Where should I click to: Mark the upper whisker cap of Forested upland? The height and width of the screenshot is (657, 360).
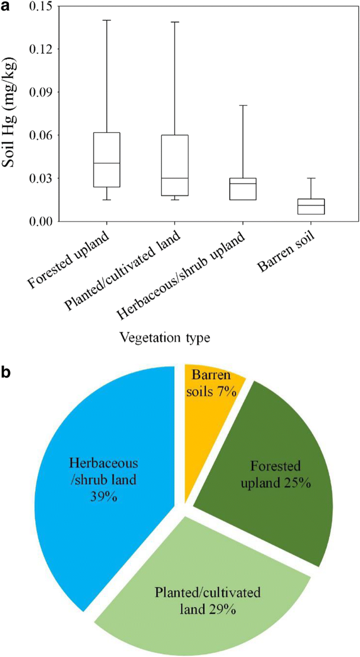(107, 20)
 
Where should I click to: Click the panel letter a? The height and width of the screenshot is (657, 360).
(6, 6)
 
